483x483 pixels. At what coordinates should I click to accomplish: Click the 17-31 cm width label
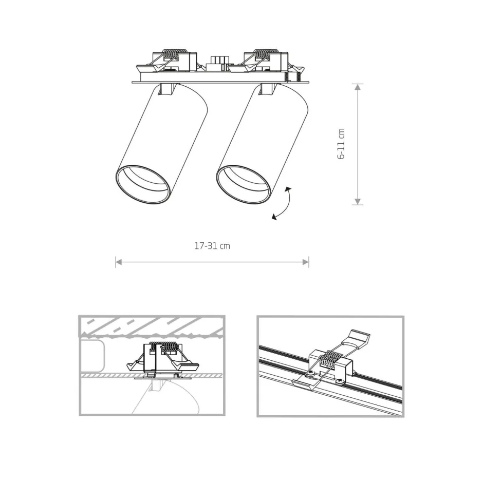coord(212,246)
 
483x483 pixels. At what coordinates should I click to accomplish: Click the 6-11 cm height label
coord(341,144)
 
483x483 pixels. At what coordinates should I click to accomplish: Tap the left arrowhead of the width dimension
coord(118,262)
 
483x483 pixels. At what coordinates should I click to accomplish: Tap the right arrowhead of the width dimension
coord(306,262)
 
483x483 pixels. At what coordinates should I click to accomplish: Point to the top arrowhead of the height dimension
coord(358,87)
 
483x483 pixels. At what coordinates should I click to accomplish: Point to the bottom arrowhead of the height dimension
coord(358,202)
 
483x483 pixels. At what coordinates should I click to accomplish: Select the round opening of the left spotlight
coord(142,184)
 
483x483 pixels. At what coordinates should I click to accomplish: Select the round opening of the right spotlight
coord(243,184)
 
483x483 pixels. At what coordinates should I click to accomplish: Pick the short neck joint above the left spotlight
coord(168,89)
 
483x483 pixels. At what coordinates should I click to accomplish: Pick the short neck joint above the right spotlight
coord(268,89)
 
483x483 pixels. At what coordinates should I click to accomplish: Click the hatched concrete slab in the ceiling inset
coord(152,326)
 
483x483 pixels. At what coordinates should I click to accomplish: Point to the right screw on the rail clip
coord(340,381)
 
